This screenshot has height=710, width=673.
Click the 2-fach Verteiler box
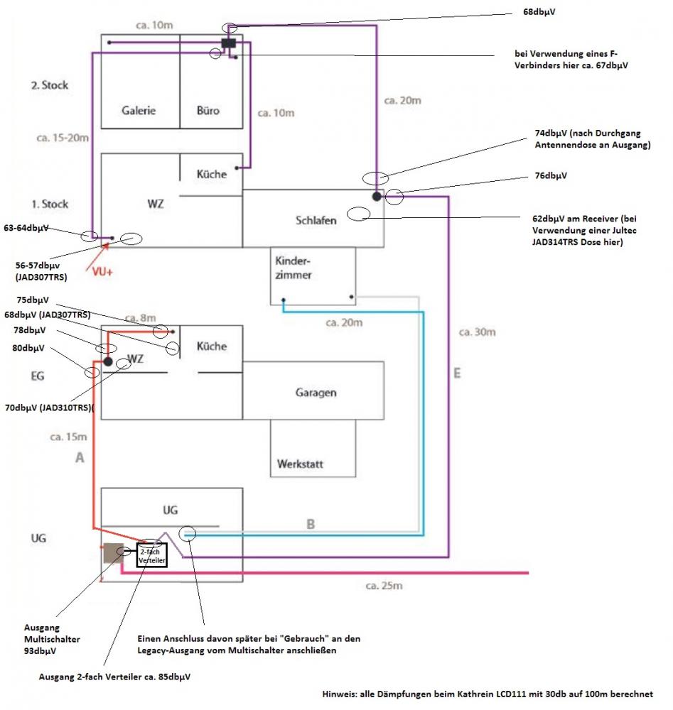[x=151, y=555]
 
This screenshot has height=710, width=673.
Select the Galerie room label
[x=139, y=111]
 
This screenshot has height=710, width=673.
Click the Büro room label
[x=208, y=111]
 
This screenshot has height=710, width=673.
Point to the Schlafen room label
[x=316, y=220]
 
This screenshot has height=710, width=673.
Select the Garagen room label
[x=316, y=393]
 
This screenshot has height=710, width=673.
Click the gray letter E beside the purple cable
[x=456, y=373]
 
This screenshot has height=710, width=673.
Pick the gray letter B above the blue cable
[x=310, y=524]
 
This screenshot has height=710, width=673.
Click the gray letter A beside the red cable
[x=80, y=459]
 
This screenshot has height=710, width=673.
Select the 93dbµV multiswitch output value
[x=41, y=650]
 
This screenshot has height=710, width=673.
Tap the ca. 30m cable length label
[x=477, y=332]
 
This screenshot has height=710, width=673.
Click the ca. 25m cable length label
[x=384, y=586]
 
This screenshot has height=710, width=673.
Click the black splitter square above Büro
[x=228, y=44]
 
